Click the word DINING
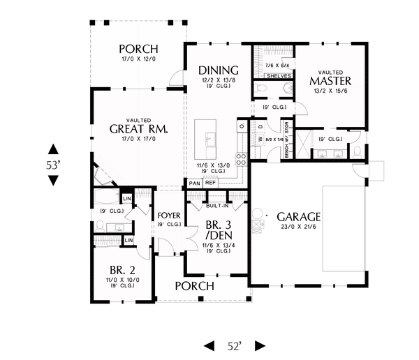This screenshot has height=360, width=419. [x=219, y=70]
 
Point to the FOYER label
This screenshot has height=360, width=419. [x=169, y=214]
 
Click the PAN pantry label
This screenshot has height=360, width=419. [x=193, y=183]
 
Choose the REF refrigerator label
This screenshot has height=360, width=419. [x=210, y=183]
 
